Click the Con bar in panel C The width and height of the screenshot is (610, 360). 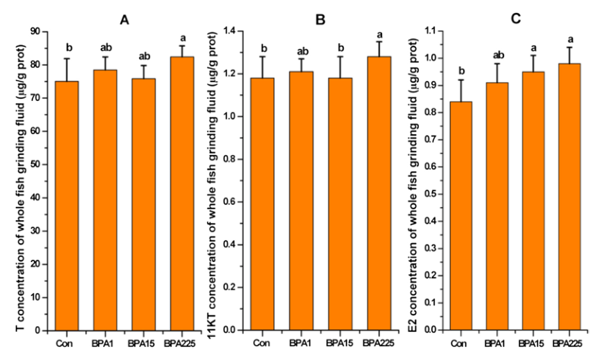pos(461,216)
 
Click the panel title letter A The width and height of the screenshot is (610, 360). pos(125,19)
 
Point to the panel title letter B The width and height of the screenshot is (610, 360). pos(321,19)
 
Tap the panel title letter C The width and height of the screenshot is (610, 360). pos(516,19)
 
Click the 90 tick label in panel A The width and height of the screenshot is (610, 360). pos(35,31)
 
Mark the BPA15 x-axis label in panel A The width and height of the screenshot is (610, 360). pos(143,343)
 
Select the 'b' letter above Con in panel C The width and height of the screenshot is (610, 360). pos(461,71)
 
